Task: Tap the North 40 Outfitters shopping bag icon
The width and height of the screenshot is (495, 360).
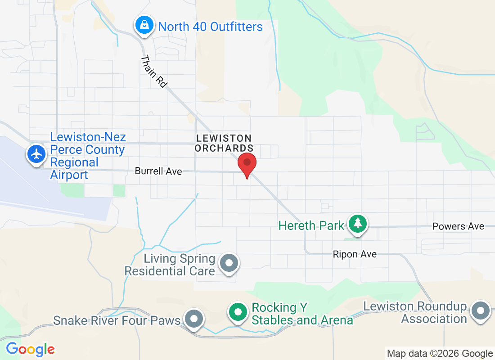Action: pyautogui.click(x=144, y=25)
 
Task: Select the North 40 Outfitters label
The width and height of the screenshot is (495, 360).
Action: pyautogui.click(x=210, y=27)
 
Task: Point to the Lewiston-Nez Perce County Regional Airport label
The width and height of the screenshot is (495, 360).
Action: pyautogui.click(x=88, y=156)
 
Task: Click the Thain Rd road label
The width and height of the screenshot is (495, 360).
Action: pyautogui.click(x=154, y=71)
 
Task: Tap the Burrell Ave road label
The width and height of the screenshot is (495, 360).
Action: pyautogui.click(x=158, y=171)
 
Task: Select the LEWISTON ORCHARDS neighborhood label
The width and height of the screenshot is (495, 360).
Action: pyautogui.click(x=224, y=143)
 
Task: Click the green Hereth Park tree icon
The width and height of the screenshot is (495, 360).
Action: pyautogui.click(x=358, y=223)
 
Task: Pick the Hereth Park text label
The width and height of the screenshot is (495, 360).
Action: pyautogui.click(x=311, y=225)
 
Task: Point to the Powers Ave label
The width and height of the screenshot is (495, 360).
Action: pyautogui.click(x=458, y=226)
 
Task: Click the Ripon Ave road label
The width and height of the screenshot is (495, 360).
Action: pyautogui.click(x=355, y=254)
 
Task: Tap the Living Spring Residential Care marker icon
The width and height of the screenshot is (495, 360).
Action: pyautogui.click(x=229, y=262)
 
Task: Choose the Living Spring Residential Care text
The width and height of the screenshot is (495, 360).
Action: pyautogui.click(x=170, y=265)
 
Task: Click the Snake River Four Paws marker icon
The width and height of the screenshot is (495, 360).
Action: pyautogui.click(x=194, y=319)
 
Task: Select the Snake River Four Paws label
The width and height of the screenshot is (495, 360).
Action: pyautogui.click(x=117, y=320)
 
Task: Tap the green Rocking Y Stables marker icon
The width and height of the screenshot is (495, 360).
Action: pyautogui.click(x=238, y=311)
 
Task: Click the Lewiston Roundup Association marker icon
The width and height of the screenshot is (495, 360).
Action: pyautogui.click(x=481, y=310)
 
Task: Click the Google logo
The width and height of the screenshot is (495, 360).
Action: pyautogui.click(x=31, y=349)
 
